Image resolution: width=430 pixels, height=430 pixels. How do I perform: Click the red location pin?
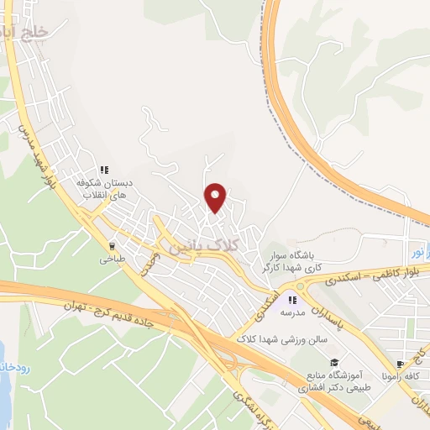point(216,198)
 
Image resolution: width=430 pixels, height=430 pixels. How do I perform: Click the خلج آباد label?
point(27,31)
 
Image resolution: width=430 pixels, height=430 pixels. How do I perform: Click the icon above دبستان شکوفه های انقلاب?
point(106,169)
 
